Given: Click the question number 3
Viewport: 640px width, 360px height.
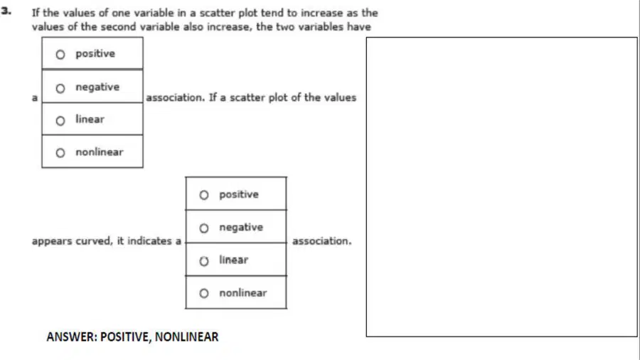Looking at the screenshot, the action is point(6,11).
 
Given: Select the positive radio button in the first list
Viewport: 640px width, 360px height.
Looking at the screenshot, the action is point(60,55).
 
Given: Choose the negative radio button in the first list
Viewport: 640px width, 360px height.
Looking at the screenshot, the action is point(60,88).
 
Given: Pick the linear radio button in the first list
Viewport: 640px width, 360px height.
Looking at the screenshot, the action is point(60,121).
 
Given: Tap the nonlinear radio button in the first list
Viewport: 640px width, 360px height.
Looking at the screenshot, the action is point(60,153).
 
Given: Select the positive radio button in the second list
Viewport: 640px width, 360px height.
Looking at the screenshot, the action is point(204,195).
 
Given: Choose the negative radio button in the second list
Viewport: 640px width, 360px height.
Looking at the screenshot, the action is point(204,228).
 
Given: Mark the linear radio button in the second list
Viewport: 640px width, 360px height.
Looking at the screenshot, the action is point(204,261).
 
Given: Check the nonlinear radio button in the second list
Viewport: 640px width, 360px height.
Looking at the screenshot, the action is point(204,293).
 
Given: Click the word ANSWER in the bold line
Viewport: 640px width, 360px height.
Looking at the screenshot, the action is point(72,337).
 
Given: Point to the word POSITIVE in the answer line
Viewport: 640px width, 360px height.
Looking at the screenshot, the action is point(126,337).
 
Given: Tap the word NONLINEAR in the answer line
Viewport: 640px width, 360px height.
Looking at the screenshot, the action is point(186,337).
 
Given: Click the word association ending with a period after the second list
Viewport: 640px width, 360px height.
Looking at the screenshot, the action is point(321,240).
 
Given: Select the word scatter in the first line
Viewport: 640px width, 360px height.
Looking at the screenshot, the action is point(217,13).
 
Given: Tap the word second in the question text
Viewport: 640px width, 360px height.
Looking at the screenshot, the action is point(118,26).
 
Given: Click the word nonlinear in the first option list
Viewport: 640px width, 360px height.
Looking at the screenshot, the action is point(99,152).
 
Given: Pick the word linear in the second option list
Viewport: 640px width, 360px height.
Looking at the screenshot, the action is point(233,260).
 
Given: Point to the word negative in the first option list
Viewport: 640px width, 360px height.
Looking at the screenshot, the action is point(97,87).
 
